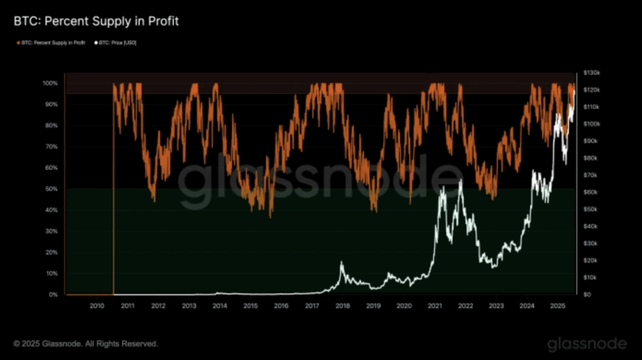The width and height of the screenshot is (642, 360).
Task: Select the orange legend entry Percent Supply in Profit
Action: pyautogui.click(x=51, y=43)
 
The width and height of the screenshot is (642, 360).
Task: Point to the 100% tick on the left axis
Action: pyautogui.click(x=50, y=83)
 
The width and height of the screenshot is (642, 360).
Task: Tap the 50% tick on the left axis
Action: pyautogui.click(x=51, y=189)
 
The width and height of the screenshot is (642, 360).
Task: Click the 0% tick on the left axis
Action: pyautogui.click(x=53, y=295)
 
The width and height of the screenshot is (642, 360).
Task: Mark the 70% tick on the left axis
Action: pyautogui.click(x=51, y=147)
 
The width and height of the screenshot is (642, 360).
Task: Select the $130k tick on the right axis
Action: pyautogui.click(x=591, y=73)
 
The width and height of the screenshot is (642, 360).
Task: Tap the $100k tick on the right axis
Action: pyautogui.click(x=591, y=124)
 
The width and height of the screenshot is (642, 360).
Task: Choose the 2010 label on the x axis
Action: pyautogui.click(x=97, y=305)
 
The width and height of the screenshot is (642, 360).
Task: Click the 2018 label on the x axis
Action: pyautogui.click(x=342, y=305)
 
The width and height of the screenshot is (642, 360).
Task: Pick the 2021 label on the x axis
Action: pyautogui.click(x=434, y=305)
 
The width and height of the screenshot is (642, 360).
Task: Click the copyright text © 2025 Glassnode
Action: pyautogui.click(x=86, y=344)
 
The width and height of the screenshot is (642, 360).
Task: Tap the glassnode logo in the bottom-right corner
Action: pyautogui.click(x=587, y=344)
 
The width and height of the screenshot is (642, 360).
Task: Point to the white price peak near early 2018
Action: pyautogui.click(x=342, y=263)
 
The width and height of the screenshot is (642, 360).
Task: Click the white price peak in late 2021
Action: pyautogui.click(x=461, y=181)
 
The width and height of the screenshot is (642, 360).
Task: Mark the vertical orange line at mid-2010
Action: pyautogui.click(x=113, y=188)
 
